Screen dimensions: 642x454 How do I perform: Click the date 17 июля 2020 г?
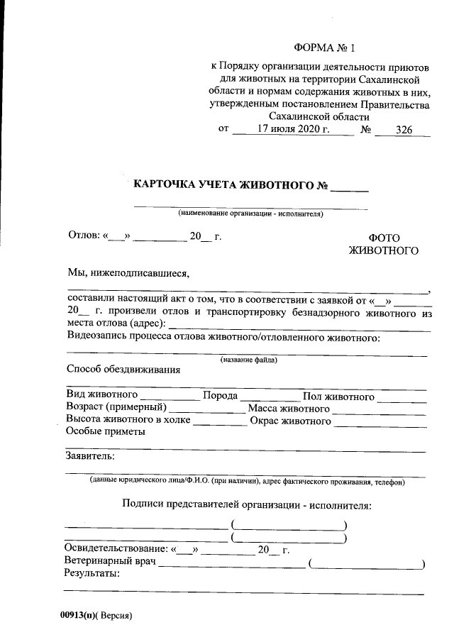click(294, 130)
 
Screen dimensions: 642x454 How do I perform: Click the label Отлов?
click(83, 236)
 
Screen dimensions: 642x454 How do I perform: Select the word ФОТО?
click(384, 238)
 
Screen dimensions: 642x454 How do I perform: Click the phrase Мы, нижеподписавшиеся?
click(128, 271)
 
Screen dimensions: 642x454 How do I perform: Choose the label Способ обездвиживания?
click(123, 370)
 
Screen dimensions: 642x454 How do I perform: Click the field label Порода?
click(219, 395)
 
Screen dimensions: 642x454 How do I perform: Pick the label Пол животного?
click(338, 396)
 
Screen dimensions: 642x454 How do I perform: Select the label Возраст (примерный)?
click(116, 408)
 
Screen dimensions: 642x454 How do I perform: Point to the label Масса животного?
click(288, 409)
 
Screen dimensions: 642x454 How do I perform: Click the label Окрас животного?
click(290, 421)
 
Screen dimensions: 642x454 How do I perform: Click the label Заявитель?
click(90, 455)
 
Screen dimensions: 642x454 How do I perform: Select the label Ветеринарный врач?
click(110, 563)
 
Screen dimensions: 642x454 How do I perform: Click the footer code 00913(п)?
click(78, 616)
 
